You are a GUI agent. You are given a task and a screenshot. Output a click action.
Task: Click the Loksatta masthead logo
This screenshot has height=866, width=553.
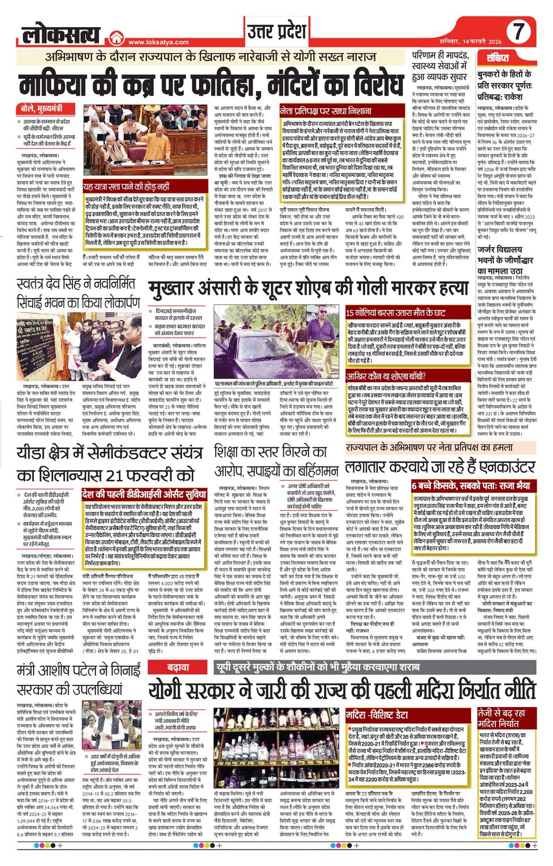point(62,35)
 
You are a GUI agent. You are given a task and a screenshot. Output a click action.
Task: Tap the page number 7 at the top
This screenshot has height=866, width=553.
point(519,32)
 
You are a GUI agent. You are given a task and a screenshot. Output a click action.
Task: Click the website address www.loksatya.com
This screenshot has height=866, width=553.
point(158,42)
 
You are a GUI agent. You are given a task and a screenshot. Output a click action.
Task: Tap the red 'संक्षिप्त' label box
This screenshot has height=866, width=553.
point(498,58)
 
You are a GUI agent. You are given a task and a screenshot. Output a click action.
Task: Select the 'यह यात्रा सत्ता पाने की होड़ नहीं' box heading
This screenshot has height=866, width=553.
point(126,187)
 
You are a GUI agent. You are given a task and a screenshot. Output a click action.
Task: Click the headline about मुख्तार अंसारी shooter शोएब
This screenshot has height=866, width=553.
point(308,289)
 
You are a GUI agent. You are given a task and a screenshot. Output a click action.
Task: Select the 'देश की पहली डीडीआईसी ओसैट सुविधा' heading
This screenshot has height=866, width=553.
point(144,494)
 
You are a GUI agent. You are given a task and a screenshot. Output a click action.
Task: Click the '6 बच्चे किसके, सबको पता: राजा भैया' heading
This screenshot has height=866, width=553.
point(470,486)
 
